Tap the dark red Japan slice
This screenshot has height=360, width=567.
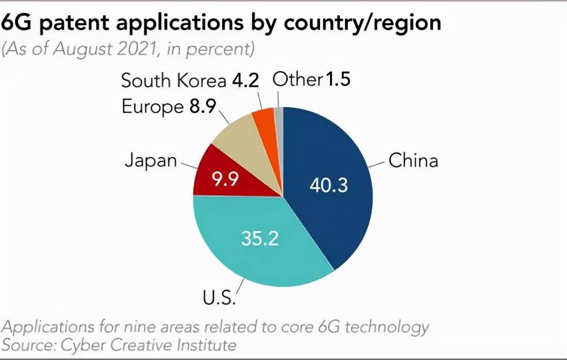tap(211, 170)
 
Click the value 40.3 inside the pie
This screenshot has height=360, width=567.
tap(329, 185)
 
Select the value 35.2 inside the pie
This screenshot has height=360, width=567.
tap(260, 238)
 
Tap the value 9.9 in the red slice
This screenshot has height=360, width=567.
tap(226, 179)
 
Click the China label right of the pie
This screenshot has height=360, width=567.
tap(413, 160)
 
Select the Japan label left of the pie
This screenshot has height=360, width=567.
tap(151, 160)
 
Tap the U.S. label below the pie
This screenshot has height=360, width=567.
tap(219, 298)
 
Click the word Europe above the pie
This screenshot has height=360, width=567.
tap(152, 107)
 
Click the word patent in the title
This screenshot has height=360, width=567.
tap(75, 23)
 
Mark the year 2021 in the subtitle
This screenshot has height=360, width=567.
tap(141, 50)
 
